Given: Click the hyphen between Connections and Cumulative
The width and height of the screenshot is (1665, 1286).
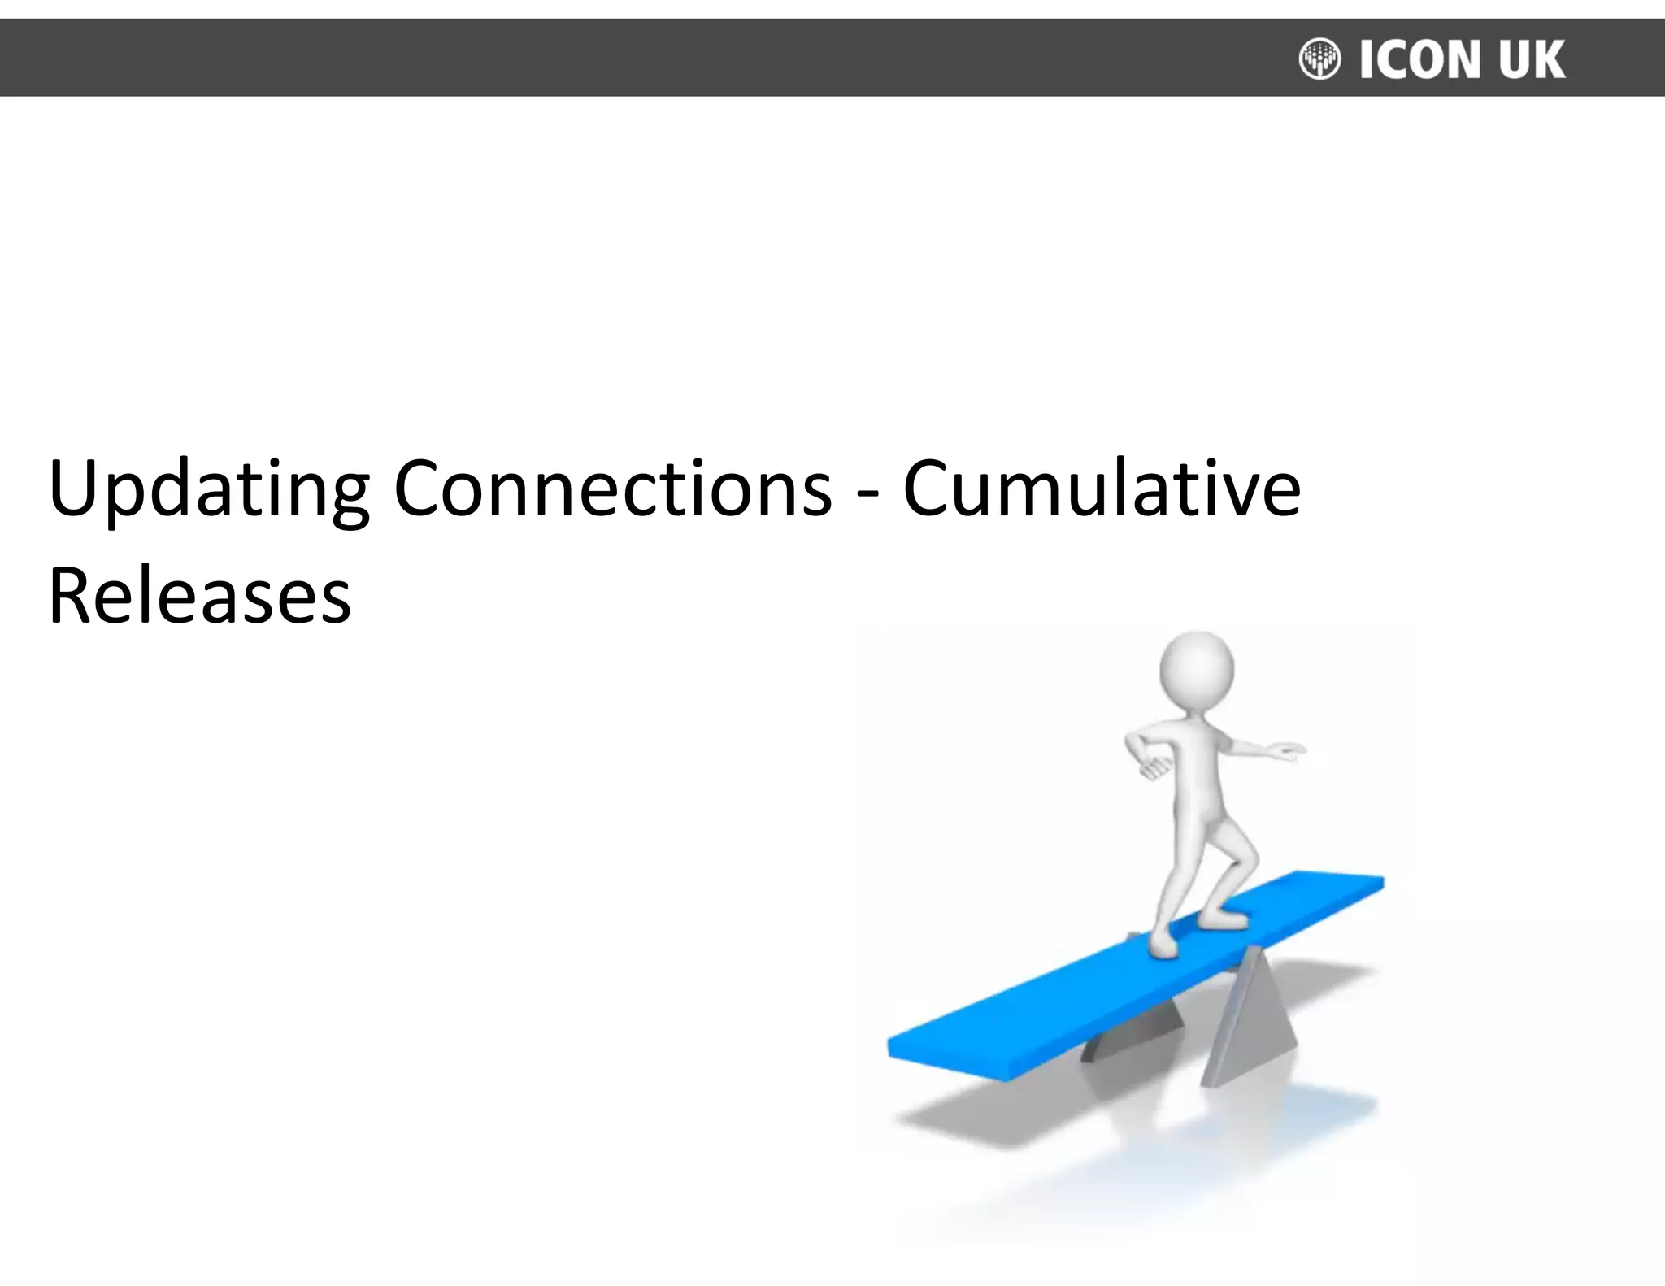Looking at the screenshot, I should (x=867, y=493).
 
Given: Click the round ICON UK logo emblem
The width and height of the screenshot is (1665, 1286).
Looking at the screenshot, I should (x=1319, y=59).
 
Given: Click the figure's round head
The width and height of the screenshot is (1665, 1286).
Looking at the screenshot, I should (x=1196, y=671).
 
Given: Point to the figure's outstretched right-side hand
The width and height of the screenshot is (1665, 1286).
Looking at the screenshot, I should (x=1288, y=751).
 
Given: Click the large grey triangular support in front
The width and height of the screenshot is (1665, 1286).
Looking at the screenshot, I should (x=1248, y=1024).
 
